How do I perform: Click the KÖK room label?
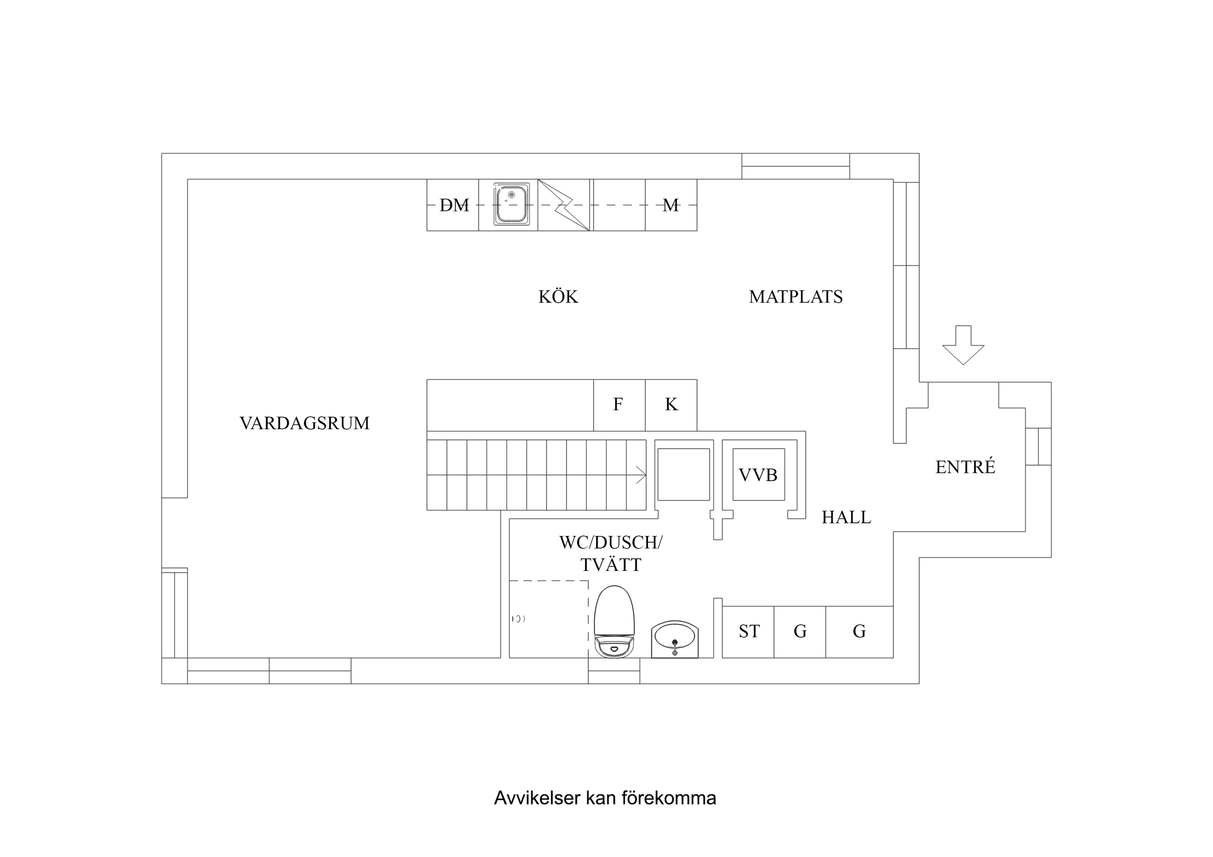558,297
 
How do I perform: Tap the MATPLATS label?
795,297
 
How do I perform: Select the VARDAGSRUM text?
304,423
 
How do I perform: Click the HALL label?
846,517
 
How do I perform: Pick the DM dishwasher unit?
453,205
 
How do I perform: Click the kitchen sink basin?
511,204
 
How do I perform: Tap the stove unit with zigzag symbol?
563,205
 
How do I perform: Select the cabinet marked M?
670,205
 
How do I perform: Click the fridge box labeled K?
670,404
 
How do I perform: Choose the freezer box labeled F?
618,404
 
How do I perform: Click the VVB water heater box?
758,475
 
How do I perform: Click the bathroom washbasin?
674,638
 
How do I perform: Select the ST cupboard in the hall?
748,631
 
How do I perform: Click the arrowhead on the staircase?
641,475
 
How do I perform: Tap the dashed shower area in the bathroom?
548,618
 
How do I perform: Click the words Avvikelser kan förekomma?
604,798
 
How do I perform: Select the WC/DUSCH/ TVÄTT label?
610,553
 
